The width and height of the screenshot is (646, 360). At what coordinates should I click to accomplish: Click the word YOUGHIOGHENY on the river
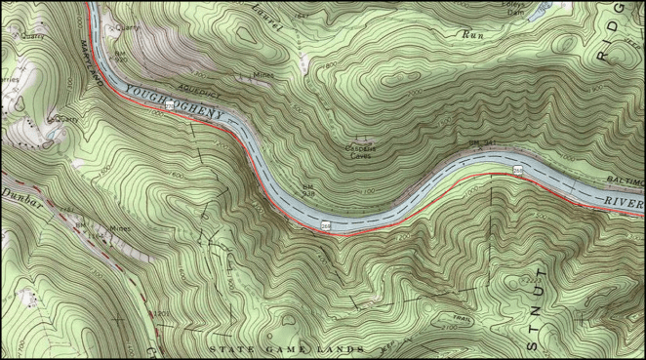[177, 100]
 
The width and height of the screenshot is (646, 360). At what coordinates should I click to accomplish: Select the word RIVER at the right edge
[621, 201]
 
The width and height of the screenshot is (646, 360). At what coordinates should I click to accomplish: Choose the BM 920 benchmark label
[121, 57]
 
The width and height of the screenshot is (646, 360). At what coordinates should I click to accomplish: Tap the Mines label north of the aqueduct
[263, 75]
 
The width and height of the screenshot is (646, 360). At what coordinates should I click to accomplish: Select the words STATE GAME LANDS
[287, 348]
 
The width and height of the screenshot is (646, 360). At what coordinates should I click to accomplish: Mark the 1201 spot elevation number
[160, 314]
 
